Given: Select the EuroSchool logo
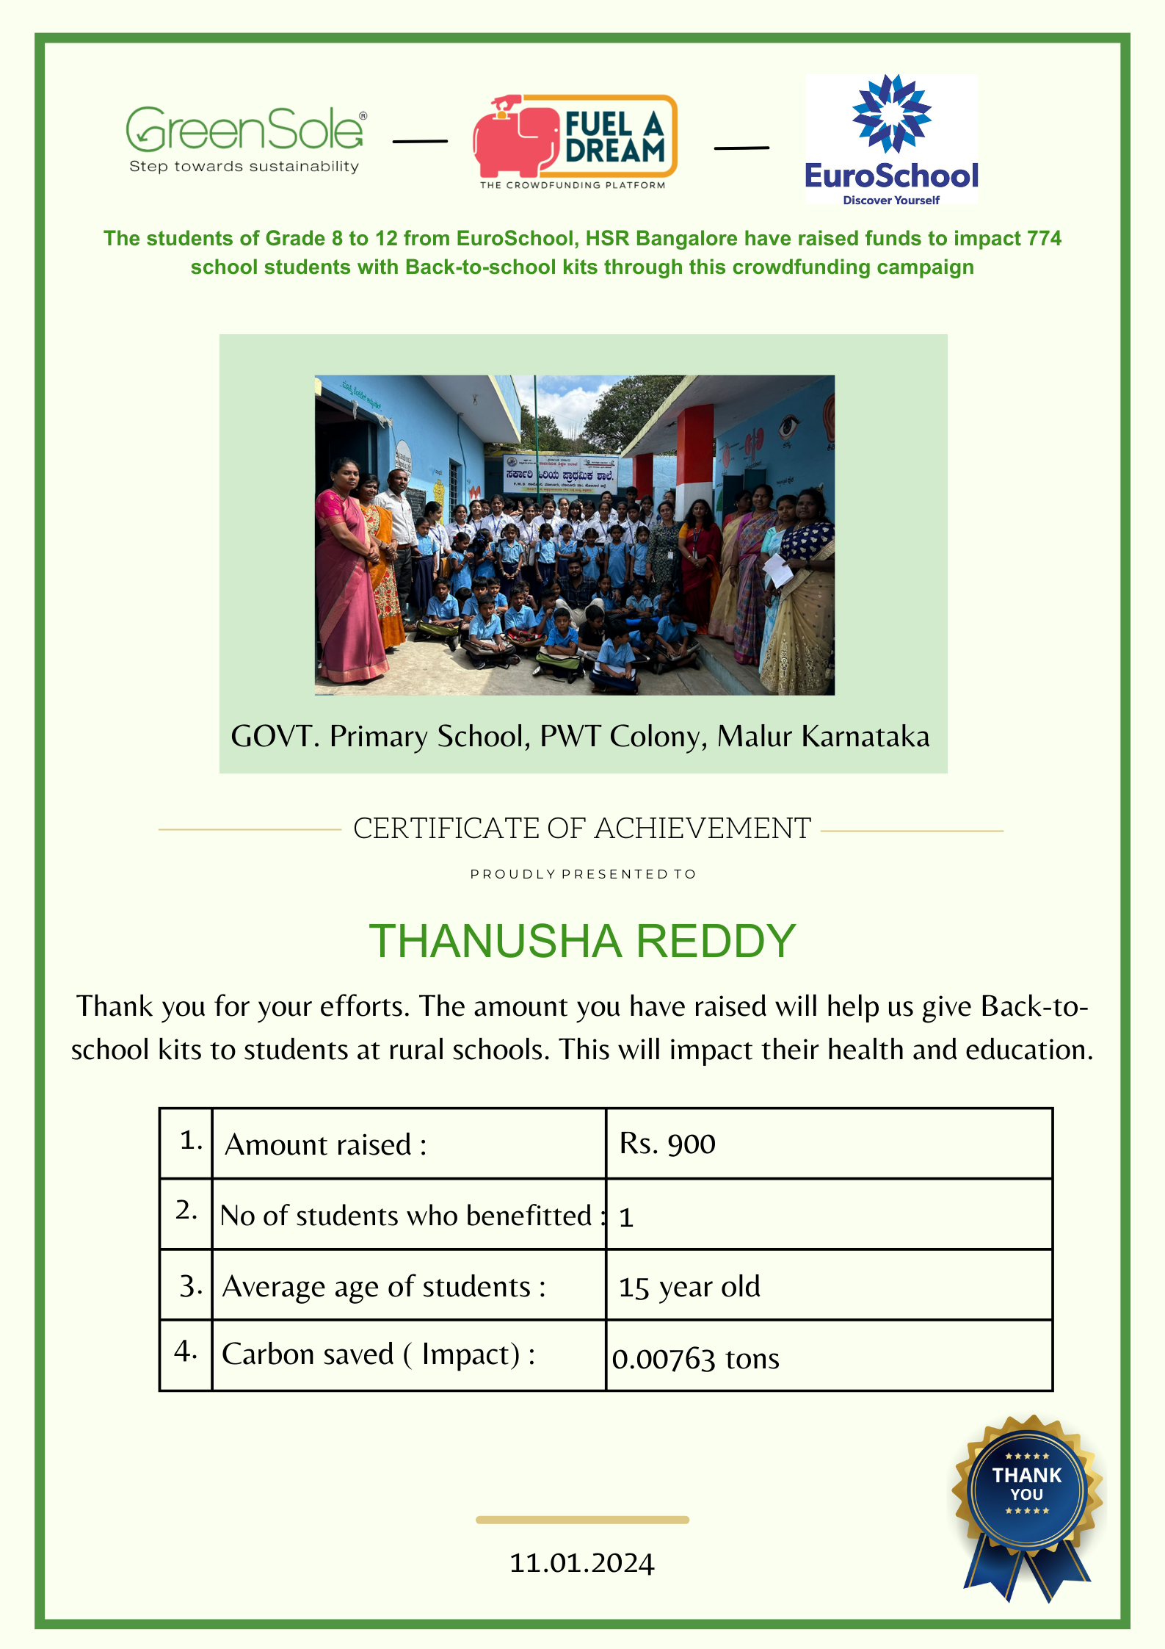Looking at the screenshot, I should click(891, 140).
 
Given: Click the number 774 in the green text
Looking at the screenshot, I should click(1043, 239).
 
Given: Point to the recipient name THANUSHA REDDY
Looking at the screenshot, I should click(582, 941).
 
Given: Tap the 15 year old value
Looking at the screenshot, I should click(689, 1287).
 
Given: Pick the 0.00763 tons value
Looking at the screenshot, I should click(695, 1359).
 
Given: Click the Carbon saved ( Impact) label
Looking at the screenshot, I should click(379, 1354).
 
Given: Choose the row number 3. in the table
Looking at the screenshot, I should click(190, 1286).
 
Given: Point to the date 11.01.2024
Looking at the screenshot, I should click(581, 1563).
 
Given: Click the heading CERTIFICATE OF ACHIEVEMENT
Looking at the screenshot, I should click(582, 829).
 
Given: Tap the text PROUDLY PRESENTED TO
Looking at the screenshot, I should click(583, 874).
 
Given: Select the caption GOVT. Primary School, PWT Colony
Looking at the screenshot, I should click(580, 736).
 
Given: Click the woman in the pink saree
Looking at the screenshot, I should click(346, 573).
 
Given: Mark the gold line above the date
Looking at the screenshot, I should click(582, 1520).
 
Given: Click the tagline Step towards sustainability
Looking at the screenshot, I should click(244, 167).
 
